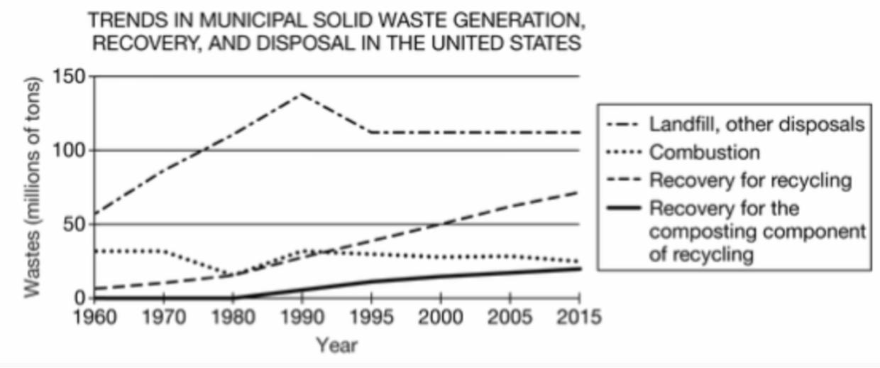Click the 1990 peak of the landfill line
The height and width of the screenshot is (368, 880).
click(x=302, y=93)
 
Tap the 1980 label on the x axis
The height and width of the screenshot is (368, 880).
click(x=232, y=317)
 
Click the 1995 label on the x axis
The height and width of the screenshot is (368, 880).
click(x=371, y=317)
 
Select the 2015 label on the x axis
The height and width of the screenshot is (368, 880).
click(x=579, y=317)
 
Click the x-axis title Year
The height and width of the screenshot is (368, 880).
click(x=336, y=346)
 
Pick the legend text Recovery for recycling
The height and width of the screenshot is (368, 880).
click(x=750, y=180)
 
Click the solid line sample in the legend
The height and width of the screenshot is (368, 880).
click(x=624, y=208)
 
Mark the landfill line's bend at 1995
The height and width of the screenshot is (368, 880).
click(x=371, y=132)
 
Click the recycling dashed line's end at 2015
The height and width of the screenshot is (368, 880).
click(x=579, y=192)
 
